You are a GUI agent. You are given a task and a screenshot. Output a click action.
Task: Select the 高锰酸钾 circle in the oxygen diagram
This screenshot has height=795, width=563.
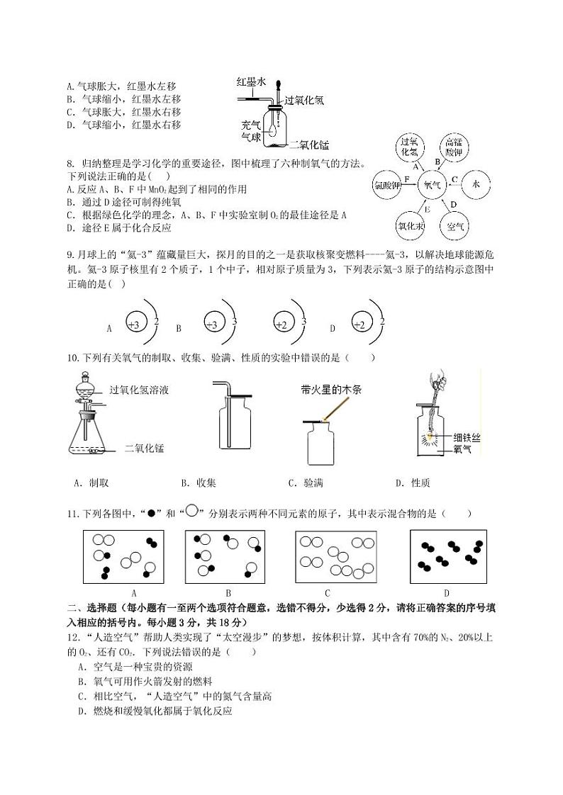454,147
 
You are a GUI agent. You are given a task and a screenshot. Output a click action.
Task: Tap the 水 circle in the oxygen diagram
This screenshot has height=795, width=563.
476,184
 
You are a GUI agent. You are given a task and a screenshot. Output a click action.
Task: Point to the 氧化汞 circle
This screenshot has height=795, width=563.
410,227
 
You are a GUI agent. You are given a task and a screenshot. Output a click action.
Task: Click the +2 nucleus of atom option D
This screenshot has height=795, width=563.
360,325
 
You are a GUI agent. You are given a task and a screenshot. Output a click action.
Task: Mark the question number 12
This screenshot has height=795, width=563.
72,637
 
